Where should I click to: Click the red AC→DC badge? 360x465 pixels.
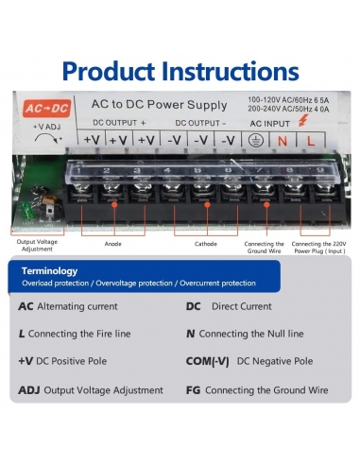[x=46, y=108]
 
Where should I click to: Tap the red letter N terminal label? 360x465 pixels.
[x=283, y=141]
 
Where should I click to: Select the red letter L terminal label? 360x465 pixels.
[x=311, y=141]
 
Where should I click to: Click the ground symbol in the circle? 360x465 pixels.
[x=255, y=141]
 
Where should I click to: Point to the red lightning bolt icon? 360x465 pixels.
[x=303, y=120]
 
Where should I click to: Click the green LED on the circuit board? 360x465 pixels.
[x=26, y=209]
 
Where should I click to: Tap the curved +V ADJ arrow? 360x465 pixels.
[x=48, y=139]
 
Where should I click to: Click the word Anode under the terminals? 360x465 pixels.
[x=112, y=244]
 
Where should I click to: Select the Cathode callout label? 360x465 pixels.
[x=206, y=244]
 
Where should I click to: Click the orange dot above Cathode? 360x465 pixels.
[x=207, y=205]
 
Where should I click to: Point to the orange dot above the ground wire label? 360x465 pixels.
[x=266, y=205]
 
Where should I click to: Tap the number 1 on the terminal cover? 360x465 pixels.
[x=78, y=171]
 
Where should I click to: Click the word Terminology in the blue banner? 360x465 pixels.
[x=49, y=271]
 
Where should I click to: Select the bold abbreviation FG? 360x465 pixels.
[x=193, y=390]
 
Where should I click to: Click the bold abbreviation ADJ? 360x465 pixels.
[x=29, y=390]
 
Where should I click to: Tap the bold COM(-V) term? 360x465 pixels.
[x=207, y=361]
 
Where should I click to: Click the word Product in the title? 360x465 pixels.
[x=109, y=71]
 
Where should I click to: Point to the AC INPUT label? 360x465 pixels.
[x=269, y=124]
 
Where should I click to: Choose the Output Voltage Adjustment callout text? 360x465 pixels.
[x=37, y=246]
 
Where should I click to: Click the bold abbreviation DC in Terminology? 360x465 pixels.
[x=193, y=306]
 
